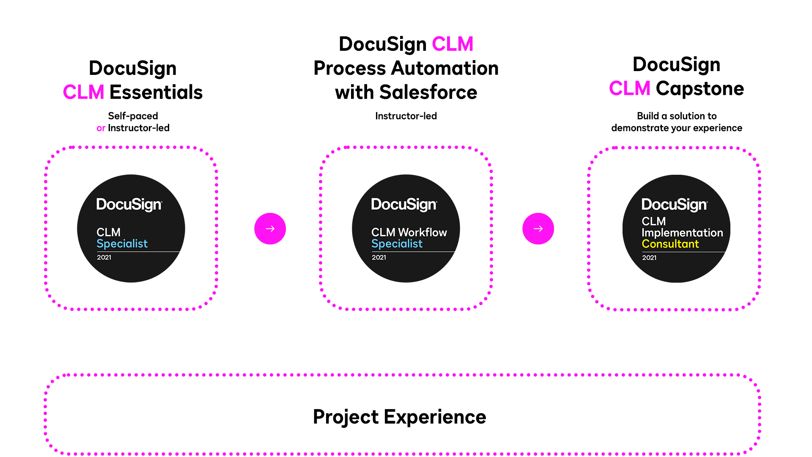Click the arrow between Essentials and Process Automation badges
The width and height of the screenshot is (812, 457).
pyautogui.click(x=270, y=228)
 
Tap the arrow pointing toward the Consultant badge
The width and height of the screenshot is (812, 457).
pyautogui.click(x=538, y=228)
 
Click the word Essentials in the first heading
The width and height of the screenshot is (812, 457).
pyautogui.click(x=156, y=92)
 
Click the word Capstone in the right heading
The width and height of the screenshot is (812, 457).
pyautogui.click(x=700, y=88)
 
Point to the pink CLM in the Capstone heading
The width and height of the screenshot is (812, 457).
pyautogui.click(x=629, y=88)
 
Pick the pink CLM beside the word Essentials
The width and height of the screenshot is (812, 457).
pyautogui.click(x=84, y=92)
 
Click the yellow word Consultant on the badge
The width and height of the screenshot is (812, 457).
pyautogui.click(x=670, y=244)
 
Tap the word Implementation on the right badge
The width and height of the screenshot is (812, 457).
pyautogui.click(x=682, y=233)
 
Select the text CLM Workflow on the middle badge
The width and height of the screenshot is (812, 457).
pyautogui.click(x=409, y=232)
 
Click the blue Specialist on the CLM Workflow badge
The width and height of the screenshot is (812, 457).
pyautogui.click(x=397, y=244)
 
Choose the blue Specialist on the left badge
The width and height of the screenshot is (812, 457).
pyautogui.click(x=122, y=244)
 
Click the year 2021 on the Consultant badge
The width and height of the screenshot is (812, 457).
pyautogui.click(x=649, y=258)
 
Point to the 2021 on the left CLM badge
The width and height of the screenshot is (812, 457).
pyautogui.click(x=104, y=257)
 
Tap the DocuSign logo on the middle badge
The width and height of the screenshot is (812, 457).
pyautogui.click(x=404, y=204)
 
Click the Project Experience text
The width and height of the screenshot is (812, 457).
pyautogui.click(x=399, y=417)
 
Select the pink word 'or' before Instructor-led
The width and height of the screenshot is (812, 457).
pyautogui.click(x=101, y=128)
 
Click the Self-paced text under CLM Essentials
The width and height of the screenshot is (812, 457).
pyautogui.click(x=133, y=116)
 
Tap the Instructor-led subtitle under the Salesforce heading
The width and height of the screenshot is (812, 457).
pyautogui.click(x=406, y=116)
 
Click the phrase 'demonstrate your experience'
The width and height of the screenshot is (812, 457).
pyautogui.click(x=676, y=128)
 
